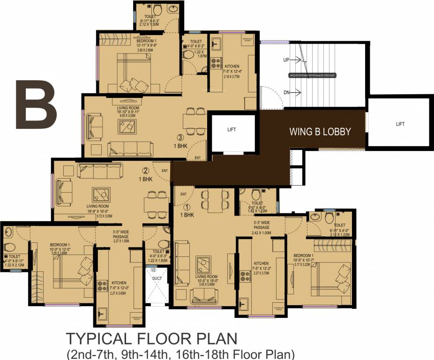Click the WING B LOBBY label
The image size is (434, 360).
[320, 132]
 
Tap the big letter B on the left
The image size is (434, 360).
[36, 105]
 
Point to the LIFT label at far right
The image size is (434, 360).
[400, 124]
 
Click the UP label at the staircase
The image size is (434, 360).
[286, 60]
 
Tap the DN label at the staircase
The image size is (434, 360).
[286, 92]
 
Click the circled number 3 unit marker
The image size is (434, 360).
[180, 137]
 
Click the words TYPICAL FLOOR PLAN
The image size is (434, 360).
[152, 338]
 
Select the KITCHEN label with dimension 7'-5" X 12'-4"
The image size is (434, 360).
[232, 67]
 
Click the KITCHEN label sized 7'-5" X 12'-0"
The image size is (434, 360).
[119, 283]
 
